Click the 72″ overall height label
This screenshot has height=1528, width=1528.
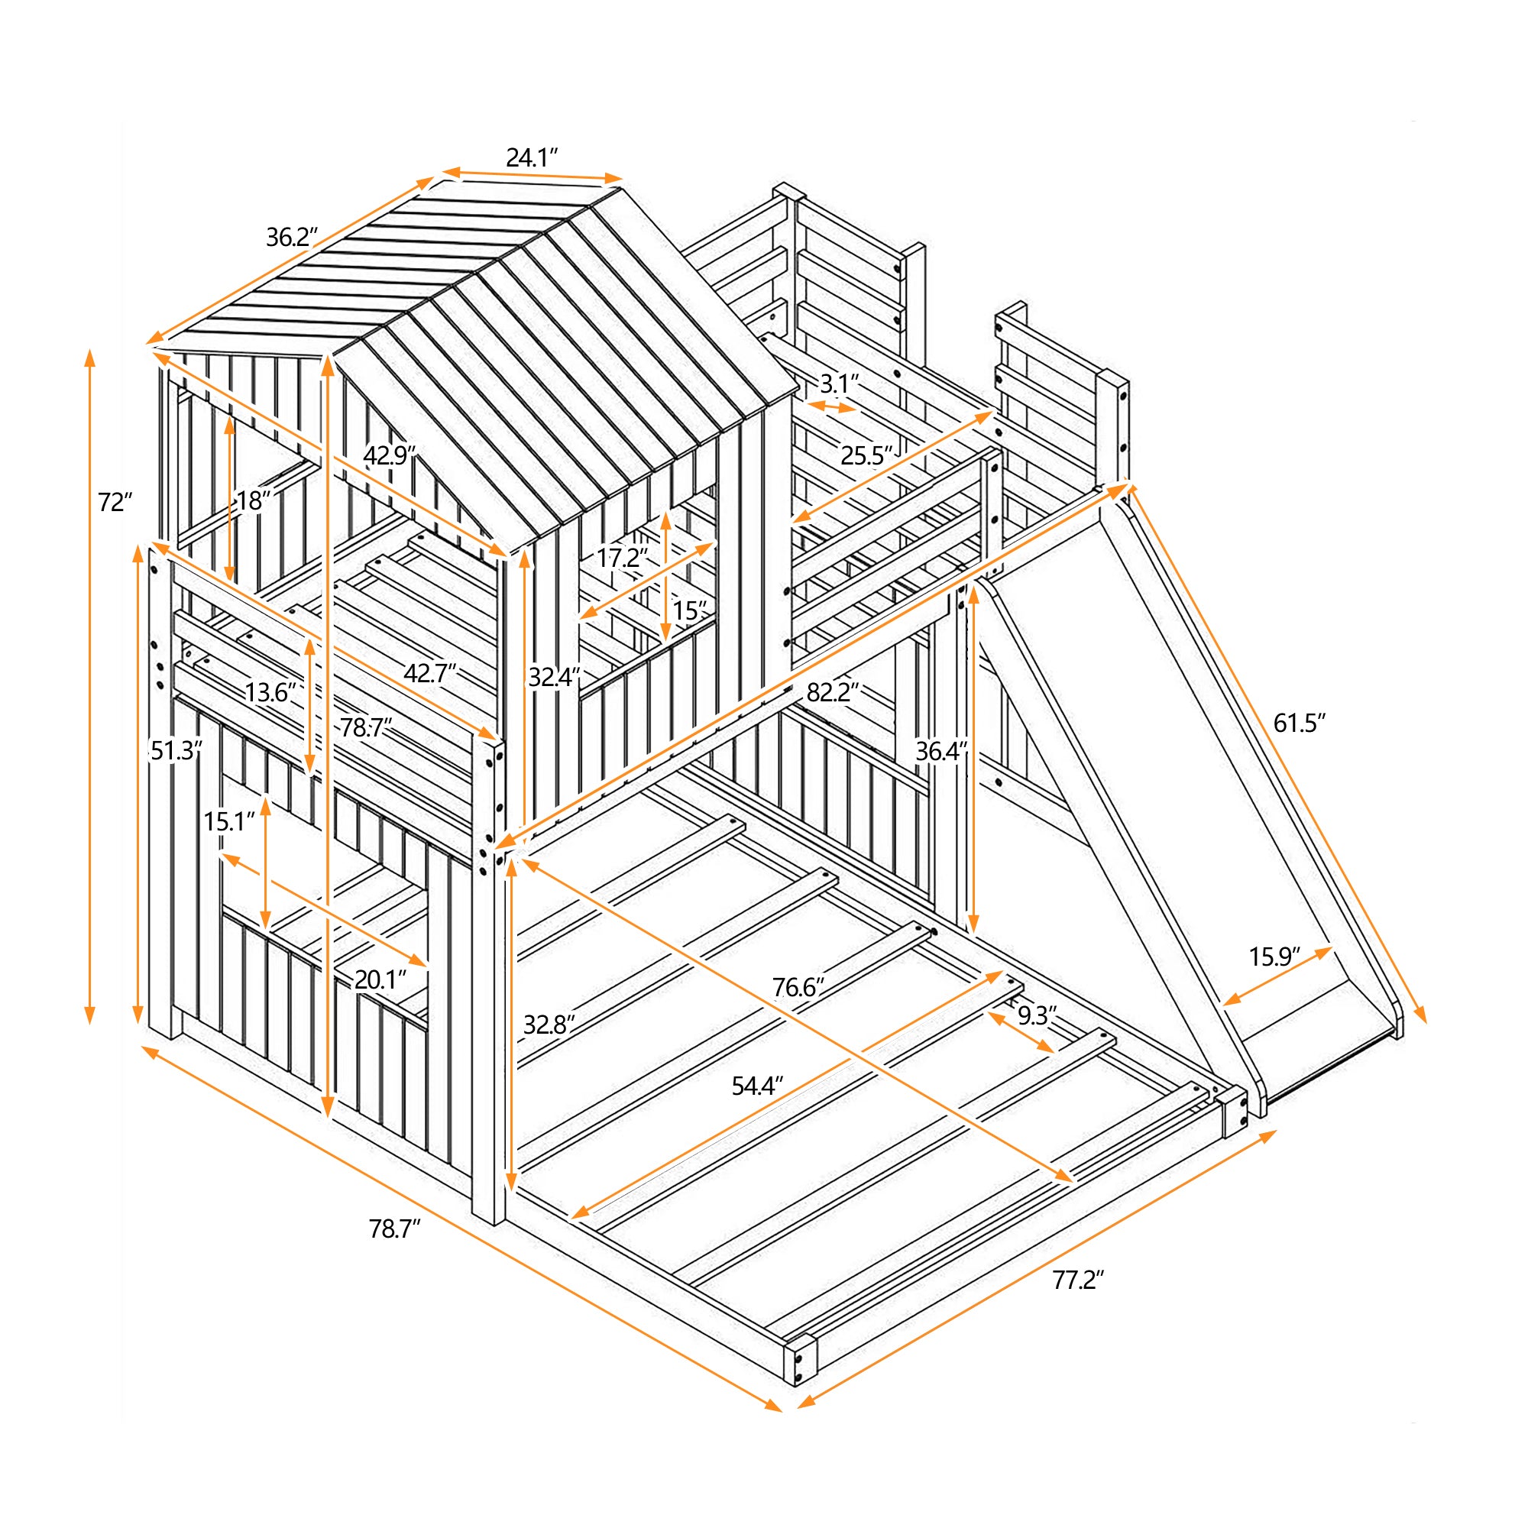115,502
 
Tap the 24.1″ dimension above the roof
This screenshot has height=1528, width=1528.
533,158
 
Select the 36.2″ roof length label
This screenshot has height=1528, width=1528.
292,237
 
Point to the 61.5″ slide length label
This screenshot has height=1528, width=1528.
1299,723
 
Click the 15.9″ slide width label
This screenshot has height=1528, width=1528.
1274,957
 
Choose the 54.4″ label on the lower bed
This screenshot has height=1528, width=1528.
757,1086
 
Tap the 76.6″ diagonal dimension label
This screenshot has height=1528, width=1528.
798,987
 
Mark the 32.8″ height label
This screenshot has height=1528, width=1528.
549,1025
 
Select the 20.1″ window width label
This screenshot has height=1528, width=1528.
380,980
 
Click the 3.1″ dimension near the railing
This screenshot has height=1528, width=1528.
839,384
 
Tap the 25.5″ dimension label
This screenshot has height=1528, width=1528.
866,455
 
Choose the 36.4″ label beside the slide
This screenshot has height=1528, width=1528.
941,751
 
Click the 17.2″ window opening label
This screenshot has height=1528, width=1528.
622,558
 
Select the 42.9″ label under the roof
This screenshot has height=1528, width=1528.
389,455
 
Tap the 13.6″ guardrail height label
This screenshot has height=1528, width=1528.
270,693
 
